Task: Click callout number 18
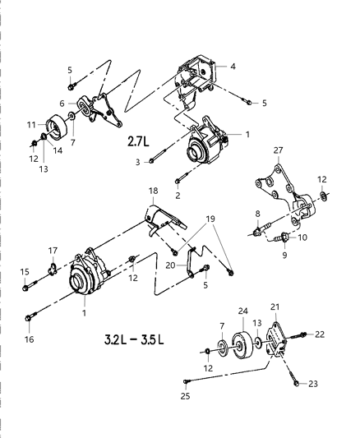click(x=152, y=213)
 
